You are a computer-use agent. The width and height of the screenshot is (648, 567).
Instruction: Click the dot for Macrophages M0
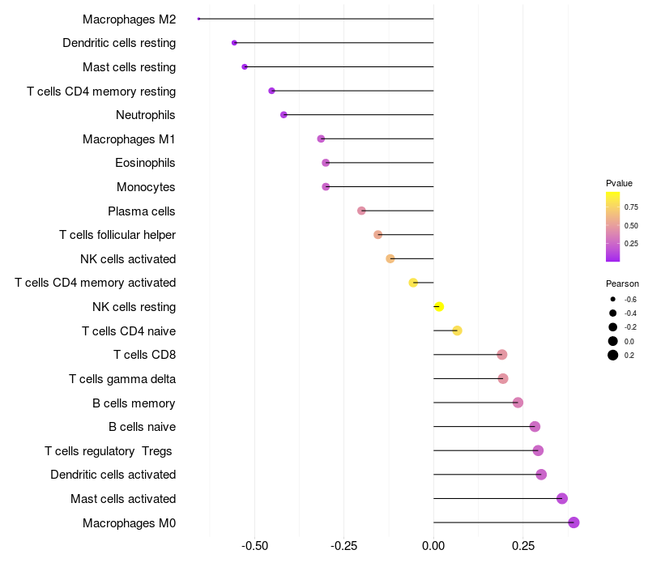pos(573,522)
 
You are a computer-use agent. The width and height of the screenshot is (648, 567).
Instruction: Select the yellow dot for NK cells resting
pos(439,307)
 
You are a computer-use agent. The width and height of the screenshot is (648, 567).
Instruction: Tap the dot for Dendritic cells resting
pos(234,43)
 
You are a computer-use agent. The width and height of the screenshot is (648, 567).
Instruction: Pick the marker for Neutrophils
pos(283,115)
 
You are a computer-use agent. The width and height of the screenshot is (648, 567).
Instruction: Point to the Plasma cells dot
pos(361,211)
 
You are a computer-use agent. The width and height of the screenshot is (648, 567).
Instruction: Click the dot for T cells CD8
pos(501,355)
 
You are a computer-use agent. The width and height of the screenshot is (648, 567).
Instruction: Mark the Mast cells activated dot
pos(562,499)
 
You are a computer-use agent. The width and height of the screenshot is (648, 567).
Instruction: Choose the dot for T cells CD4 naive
pos(457,330)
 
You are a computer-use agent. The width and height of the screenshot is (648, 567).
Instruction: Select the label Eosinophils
pos(145,163)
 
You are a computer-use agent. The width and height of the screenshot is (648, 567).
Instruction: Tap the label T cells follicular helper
pos(117,235)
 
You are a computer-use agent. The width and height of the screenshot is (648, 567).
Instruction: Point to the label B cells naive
pos(142,427)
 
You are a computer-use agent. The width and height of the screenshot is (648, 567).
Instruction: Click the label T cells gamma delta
pos(122,379)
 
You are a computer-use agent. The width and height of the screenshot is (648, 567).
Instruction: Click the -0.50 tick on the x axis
pos(255,546)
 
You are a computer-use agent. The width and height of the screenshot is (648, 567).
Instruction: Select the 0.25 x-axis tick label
pos(523,546)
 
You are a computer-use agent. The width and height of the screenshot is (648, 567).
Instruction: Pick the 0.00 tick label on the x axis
pos(433,546)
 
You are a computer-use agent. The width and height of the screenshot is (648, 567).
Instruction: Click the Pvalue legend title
pos(619,183)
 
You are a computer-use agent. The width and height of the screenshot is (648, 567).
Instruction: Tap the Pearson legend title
pos(622,284)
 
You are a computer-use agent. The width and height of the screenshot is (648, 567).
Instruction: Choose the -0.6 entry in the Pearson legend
pos(629,300)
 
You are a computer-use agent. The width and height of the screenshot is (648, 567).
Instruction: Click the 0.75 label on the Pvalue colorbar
pos(631,207)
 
